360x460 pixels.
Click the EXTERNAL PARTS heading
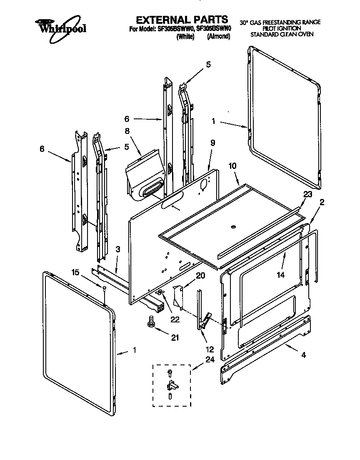tap(182, 20)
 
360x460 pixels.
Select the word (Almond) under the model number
tap(218, 36)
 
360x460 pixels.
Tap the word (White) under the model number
tap(185, 36)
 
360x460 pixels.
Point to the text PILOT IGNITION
tap(279, 28)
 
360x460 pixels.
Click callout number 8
tap(127, 131)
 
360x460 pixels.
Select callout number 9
tap(212, 142)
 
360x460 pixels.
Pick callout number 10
tap(232, 166)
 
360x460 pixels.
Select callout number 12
tap(209, 349)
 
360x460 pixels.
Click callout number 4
tap(303, 355)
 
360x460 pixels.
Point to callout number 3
tap(118, 249)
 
